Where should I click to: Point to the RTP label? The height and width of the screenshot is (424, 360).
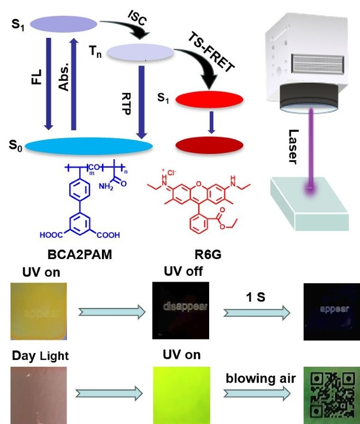coord(126,96)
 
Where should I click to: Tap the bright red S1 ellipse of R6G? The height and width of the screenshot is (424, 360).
coord(209,99)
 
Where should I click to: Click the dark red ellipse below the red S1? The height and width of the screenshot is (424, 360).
coord(209,144)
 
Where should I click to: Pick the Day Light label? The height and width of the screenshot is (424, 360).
coord(40,356)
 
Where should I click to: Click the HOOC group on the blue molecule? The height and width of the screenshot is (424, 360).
coord(52,235)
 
